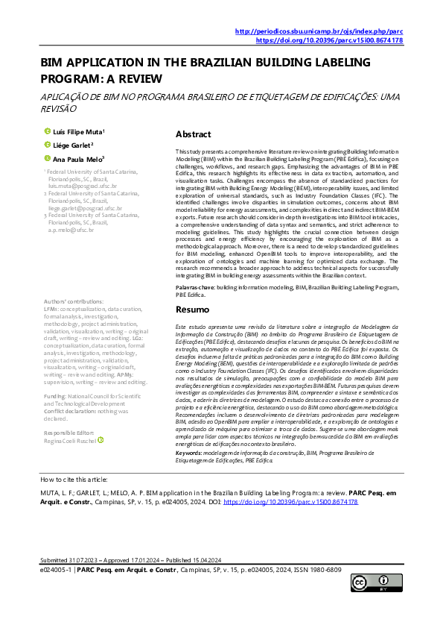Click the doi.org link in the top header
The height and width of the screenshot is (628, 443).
tap(330, 40)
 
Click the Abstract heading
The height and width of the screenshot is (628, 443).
tap(193, 135)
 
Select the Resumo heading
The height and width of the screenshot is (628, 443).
tap(191, 309)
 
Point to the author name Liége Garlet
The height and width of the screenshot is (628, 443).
tap(73, 145)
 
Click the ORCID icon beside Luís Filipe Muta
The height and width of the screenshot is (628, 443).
tap(47, 131)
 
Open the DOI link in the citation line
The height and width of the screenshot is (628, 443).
tap(290, 502)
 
